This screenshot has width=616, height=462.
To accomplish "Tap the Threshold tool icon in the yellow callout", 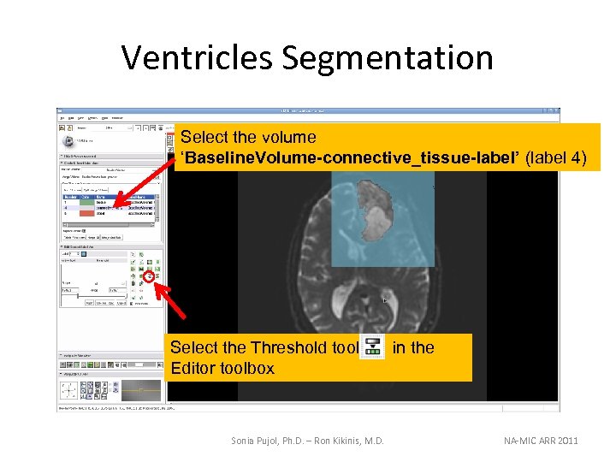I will click(371, 347).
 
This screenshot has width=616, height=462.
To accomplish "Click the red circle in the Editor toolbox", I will click(148, 277).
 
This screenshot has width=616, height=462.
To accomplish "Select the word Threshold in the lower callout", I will click(285, 347).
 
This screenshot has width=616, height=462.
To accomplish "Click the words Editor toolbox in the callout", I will click(222, 368).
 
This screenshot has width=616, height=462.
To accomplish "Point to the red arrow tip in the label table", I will click(116, 208).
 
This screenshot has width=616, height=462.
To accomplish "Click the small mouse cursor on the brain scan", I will click(385, 300).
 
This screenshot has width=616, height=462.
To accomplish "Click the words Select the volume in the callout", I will click(249, 137).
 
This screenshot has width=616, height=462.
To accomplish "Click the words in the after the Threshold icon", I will click(413, 347).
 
